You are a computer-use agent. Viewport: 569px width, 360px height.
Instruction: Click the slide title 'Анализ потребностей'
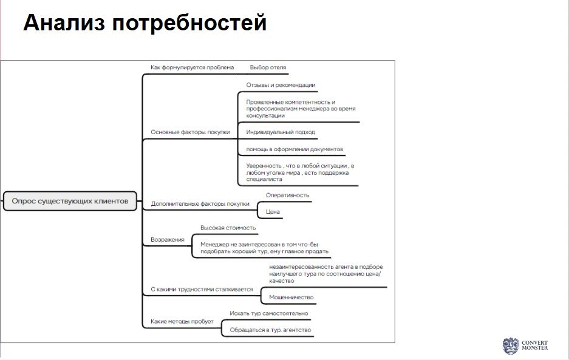(x=145, y=22)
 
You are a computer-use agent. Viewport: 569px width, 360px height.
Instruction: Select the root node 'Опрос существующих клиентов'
(x=70, y=200)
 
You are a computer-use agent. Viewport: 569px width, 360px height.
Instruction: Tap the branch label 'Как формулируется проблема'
(x=192, y=67)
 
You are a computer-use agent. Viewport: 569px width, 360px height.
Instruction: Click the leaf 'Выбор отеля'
(x=268, y=67)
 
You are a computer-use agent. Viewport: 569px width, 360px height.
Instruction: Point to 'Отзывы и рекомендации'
(x=281, y=85)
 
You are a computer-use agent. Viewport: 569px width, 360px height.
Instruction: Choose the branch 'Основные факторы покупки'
(x=190, y=132)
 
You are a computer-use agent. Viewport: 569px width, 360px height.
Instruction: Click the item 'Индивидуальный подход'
(x=281, y=132)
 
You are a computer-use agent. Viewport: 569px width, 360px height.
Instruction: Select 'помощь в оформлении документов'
(x=295, y=149)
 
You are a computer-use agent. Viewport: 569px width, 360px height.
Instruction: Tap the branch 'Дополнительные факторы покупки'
(x=200, y=204)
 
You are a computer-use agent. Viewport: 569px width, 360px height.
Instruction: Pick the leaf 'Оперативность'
(x=288, y=195)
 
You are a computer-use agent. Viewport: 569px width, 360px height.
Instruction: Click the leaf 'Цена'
(x=273, y=212)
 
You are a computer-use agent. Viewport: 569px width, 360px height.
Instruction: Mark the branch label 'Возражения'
(x=168, y=240)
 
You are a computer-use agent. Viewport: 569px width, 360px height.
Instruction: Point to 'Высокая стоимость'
(x=228, y=228)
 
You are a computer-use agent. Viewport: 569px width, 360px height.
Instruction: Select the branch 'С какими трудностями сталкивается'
(x=202, y=290)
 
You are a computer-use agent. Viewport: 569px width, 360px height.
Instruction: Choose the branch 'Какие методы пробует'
(x=182, y=321)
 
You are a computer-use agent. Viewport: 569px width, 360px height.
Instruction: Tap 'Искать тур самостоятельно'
(x=268, y=313)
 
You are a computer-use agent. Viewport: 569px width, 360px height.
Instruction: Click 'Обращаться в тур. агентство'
(x=270, y=330)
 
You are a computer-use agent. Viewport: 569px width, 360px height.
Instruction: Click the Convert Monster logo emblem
(x=509, y=345)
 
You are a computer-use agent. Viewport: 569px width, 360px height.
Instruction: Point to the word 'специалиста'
(x=265, y=180)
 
